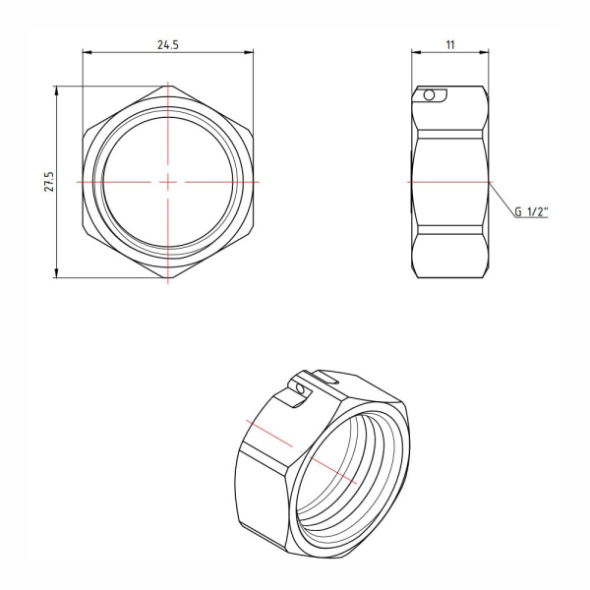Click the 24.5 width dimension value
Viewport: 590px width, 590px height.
click(x=168, y=44)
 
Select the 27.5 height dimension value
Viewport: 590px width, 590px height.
click(x=46, y=182)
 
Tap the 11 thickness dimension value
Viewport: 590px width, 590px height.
click(x=449, y=44)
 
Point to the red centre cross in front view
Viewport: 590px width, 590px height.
click(x=168, y=182)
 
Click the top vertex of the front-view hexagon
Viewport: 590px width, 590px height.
click(x=168, y=87)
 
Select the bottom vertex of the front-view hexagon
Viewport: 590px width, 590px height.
click(x=168, y=278)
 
